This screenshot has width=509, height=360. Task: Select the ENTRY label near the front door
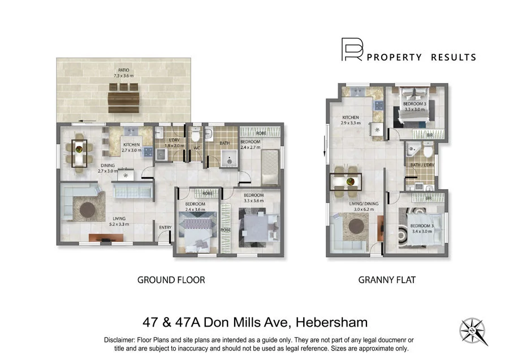pyautogui.click(x=165, y=228)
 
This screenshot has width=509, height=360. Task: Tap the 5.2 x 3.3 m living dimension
pyautogui.click(x=119, y=224)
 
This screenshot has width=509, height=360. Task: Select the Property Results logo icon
pyautogui.click(x=351, y=50)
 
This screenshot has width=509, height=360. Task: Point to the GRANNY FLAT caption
pyautogui.click(x=386, y=279)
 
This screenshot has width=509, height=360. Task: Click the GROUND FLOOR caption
pyautogui.click(x=171, y=279)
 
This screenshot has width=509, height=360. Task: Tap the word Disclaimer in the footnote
pyautogui.click(x=122, y=340)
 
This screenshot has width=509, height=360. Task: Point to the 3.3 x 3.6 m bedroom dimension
pyautogui.click(x=255, y=200)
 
